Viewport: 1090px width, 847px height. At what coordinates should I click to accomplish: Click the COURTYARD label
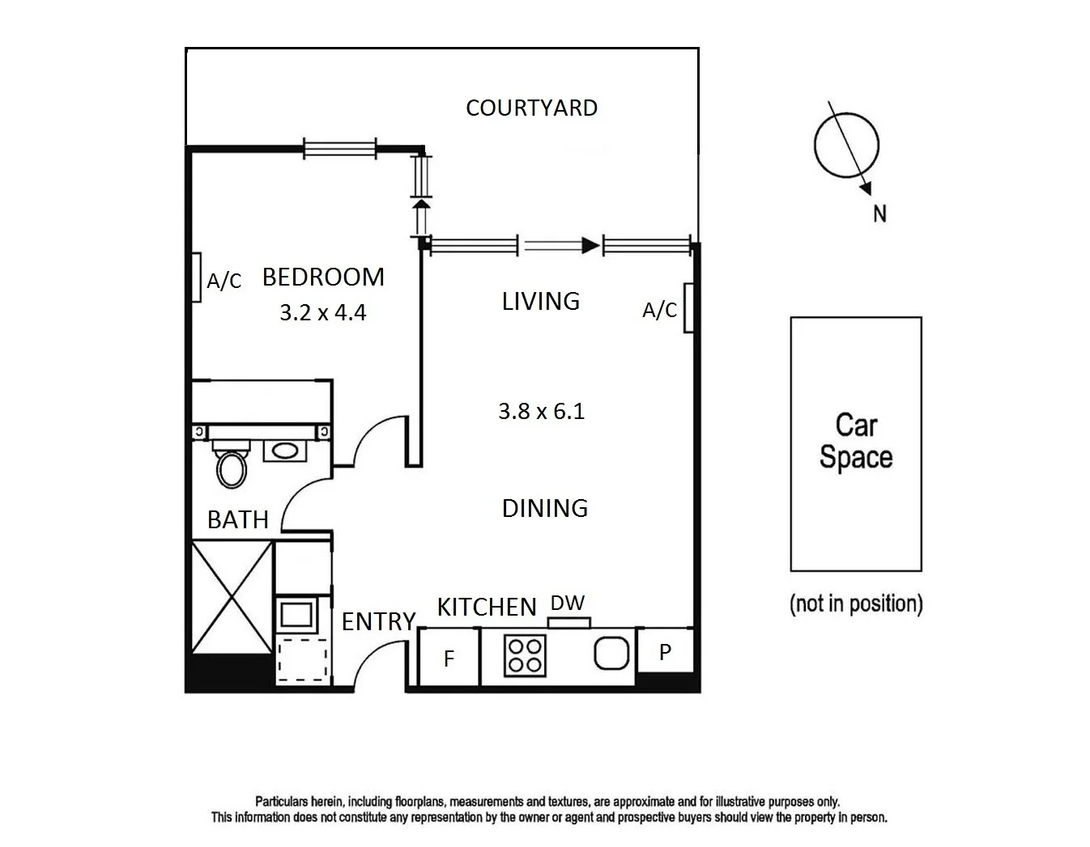pos(531,108)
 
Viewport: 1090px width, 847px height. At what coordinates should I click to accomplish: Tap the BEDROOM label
pos(323,277)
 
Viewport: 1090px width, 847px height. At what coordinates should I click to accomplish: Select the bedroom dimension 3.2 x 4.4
pos(322,312)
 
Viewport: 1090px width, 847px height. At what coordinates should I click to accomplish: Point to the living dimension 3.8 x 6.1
pos(541,411)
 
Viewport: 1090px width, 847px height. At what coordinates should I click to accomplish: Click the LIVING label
pos(540,301)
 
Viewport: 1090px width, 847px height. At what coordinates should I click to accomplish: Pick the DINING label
pos(544,508)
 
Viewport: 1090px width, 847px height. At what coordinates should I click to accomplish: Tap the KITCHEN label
pos(487,607)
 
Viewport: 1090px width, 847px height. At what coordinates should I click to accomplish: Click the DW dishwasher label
pos(568,603)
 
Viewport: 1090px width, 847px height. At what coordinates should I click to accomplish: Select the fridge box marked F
pos(449,659)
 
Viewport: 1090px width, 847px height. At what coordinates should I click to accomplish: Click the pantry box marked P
pos(665,652)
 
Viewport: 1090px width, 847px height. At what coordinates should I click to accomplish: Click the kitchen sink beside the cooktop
pos(612,653)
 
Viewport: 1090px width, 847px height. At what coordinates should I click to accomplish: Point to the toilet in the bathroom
pos(231,468)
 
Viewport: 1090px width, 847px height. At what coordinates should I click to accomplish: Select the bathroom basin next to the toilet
pos(283,451)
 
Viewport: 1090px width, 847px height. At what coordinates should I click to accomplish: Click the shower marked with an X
pos(231,596)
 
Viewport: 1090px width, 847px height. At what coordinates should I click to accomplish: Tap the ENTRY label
pos(378,621)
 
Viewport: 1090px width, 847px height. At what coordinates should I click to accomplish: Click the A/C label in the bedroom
pos(224,281)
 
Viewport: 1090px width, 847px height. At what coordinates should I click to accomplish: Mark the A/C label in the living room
pos(659,310)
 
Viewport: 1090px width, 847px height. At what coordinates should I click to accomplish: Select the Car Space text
pos(855,441)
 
